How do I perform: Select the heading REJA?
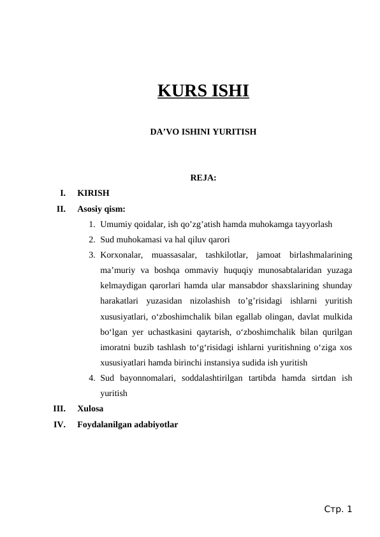[203, 177]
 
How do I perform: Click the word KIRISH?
[93, 193]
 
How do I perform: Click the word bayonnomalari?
[147, 378]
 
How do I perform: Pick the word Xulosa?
[91, 408]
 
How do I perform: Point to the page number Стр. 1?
[337, 509]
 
